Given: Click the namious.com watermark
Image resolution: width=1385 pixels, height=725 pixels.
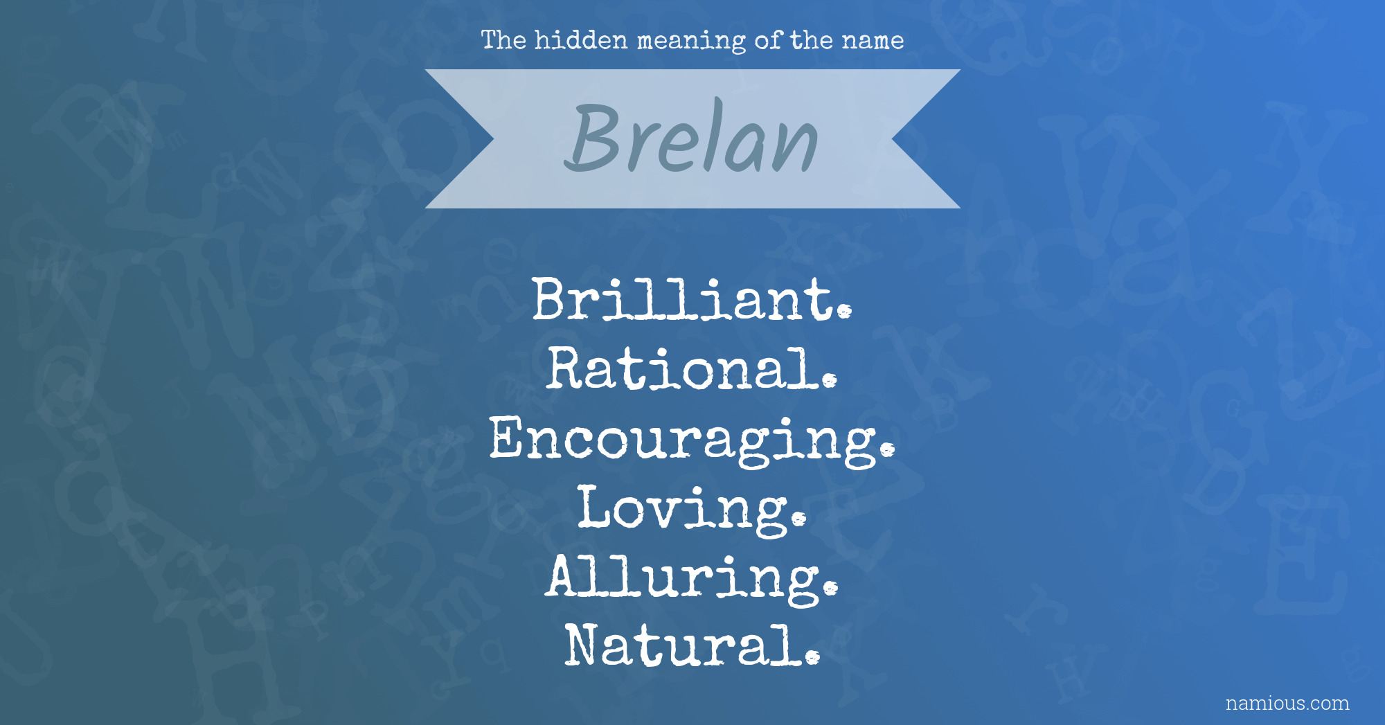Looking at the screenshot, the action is [x=1287, y=703].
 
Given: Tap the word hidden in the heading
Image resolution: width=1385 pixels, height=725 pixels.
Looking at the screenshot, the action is [x=581, y=40].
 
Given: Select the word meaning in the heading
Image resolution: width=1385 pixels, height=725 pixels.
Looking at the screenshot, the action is [x=691, y=42].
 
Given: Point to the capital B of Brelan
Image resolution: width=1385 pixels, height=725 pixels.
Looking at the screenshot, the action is [x=593, y=137].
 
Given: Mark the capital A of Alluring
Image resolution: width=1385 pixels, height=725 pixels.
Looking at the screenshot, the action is [x=569, y=576].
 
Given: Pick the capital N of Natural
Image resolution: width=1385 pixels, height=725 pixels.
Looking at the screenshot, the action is [x=588, y=645].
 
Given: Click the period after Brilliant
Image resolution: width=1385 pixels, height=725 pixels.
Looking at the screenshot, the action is [x=844, y=312].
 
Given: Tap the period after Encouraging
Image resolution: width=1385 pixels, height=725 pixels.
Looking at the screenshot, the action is [x=887, y=450].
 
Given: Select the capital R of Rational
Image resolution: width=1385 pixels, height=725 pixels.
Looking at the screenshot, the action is [x=569, y=368].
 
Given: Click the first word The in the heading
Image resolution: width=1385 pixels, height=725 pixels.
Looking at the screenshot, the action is [x=503, y=40].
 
